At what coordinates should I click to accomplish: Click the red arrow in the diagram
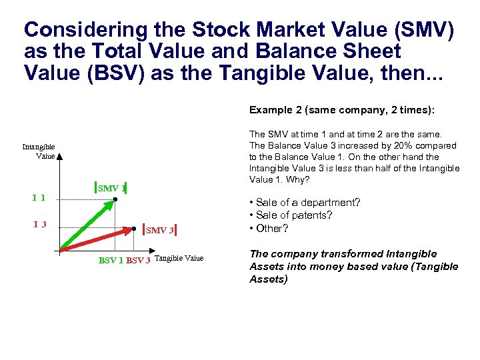click(100, 240)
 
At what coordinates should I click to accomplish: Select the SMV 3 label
click(160, 230)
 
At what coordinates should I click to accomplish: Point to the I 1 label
click(39, 197)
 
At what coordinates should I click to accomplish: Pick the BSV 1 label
click(111, 260)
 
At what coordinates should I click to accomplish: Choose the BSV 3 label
click(138, 260)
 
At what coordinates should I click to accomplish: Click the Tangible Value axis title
click(179, 259)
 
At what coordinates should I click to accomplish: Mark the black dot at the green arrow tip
click(115, 199)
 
